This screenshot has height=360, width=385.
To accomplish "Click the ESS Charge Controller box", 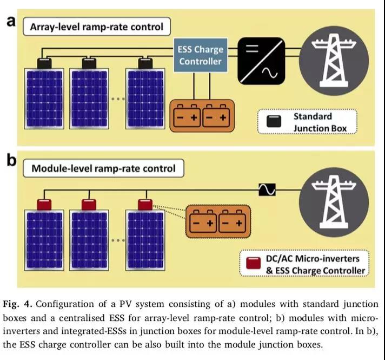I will (x=201, y=56).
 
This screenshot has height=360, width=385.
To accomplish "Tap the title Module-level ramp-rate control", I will (x=103, y=168).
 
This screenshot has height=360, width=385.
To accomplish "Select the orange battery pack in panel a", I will (x=201, y=116).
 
